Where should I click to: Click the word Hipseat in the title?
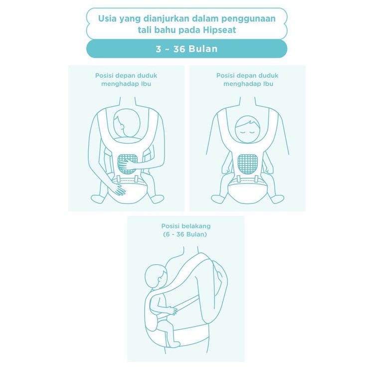tap(219, 30)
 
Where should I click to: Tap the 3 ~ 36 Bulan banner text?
tap(187, 49)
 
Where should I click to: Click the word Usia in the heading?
tap(107, 18)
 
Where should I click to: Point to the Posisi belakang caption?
tap(186, 226)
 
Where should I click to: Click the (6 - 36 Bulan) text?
tap(185, 234)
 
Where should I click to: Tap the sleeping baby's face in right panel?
tap(247, 129)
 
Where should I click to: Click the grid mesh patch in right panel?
tap(247, 164)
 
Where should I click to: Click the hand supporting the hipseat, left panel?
tap(119, 189)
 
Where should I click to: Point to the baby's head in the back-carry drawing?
tap(156, 277)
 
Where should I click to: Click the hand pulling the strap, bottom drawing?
tap(172, 310)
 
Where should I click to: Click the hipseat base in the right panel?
tap(247, 191)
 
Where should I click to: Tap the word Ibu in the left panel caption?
tap(146, 84)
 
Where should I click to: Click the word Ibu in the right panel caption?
tap(268, 84)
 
